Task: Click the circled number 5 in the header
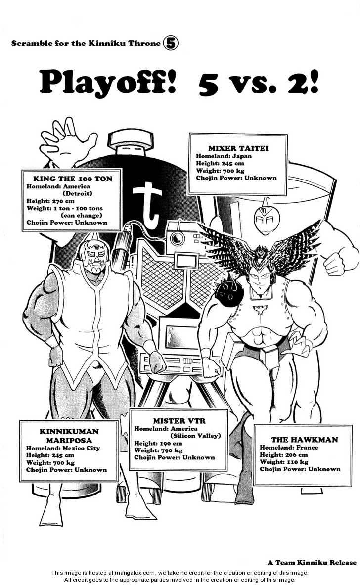(x=171, y=44)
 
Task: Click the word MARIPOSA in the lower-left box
(x=69, y=440)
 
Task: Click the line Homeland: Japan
(x=224, y=156)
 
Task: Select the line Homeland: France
(x=289, y=447)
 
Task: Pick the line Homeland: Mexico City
(x=63, y=448)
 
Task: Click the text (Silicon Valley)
(x=195, y=436)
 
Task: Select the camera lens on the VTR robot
(x=177, y=238)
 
